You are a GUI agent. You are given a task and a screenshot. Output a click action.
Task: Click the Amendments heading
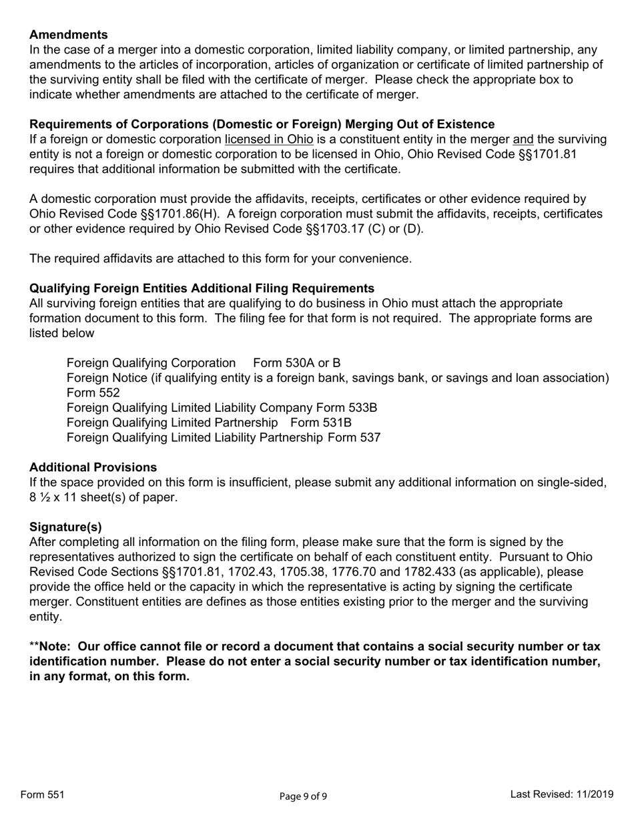pos(68,35)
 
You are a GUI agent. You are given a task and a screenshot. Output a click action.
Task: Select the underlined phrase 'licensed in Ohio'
pos(268,140)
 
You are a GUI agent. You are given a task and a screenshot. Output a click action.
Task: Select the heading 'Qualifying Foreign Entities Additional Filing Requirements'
pos(202,288)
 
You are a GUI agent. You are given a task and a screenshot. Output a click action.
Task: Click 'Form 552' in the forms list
pos(93,393)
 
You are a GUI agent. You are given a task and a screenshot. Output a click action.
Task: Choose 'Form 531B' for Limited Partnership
pos(320,423)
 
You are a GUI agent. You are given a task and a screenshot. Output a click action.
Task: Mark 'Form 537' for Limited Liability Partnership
pos(354,438)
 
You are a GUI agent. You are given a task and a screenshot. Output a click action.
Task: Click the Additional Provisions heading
pos(93,467)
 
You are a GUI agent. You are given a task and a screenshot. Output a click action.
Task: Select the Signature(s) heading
pos(65,527)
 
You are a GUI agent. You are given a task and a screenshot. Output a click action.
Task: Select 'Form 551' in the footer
pos(42,794)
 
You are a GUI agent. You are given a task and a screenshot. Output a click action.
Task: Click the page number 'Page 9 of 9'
pos(303,796)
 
